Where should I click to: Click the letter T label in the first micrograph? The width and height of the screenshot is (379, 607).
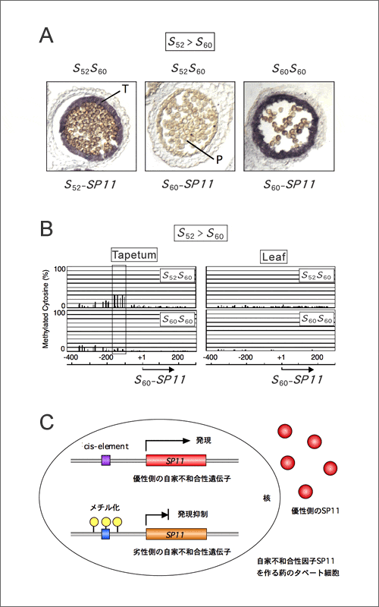pyautogui.click(x=125, y=89)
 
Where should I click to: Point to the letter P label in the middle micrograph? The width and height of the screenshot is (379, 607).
pyautogui.click(x=219, y=160)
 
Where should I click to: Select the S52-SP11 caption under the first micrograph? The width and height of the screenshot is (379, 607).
pyautogui.click(x=90, y=184)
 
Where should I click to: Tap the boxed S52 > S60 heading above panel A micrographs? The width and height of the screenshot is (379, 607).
pyautogui.click(x=190, y=42)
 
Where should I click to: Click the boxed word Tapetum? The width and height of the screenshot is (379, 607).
pyautogui.click(x=134, y=255)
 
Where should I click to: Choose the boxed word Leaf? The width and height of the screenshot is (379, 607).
pyautogui.click(x=274, y=256)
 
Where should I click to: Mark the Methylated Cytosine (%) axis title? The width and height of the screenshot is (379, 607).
pyautogui.click(x=45, y=309)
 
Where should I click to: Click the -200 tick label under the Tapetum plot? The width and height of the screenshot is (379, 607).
pyautogui.click(x=105, y=357)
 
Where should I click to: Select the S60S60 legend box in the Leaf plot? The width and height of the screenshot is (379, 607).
pyautogui.click(x=316, y=319)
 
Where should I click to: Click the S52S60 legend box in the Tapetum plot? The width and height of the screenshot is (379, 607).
pyautogui.click(x=177, y=277)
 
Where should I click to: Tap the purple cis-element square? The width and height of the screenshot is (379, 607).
pyautogui.click(x=106, y=461)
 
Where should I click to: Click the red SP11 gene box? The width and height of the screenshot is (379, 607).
pyautogui.click(x=176, y=461)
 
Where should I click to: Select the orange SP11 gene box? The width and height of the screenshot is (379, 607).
pyautogui.click(x=176, y=534)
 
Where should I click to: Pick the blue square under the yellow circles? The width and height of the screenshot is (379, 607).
pyautogui.click(x=105, y=535)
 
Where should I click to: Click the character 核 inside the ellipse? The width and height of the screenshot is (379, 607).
pyautogui.click(x=267, y=498)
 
